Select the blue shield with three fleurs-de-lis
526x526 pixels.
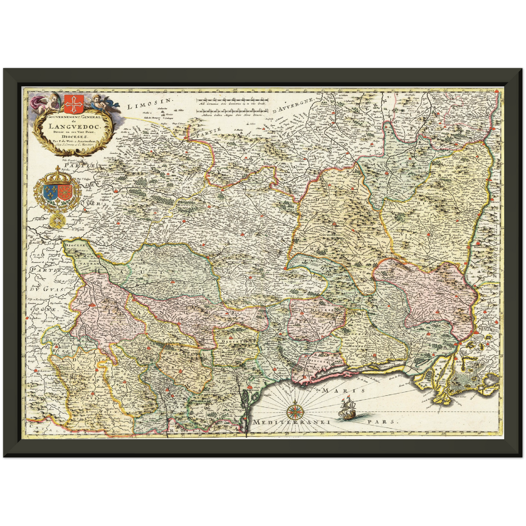[50, 193]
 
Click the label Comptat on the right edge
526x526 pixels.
[489, 289]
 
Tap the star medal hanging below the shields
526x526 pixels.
[57, 220]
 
